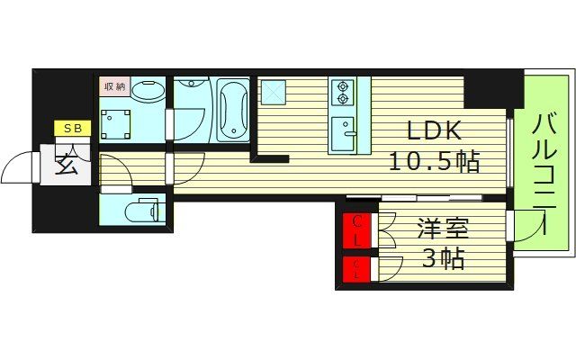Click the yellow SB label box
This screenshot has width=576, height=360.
(x=71, y=129)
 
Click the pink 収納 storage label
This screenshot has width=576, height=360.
(x=113, y=87)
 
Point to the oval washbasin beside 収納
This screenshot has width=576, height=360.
(x=149, y=90)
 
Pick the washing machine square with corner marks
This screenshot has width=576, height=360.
(x=116, y=123)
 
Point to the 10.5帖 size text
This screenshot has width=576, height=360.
(x=434, y=162)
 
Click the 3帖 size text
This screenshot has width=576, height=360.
(x=443, y=260)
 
